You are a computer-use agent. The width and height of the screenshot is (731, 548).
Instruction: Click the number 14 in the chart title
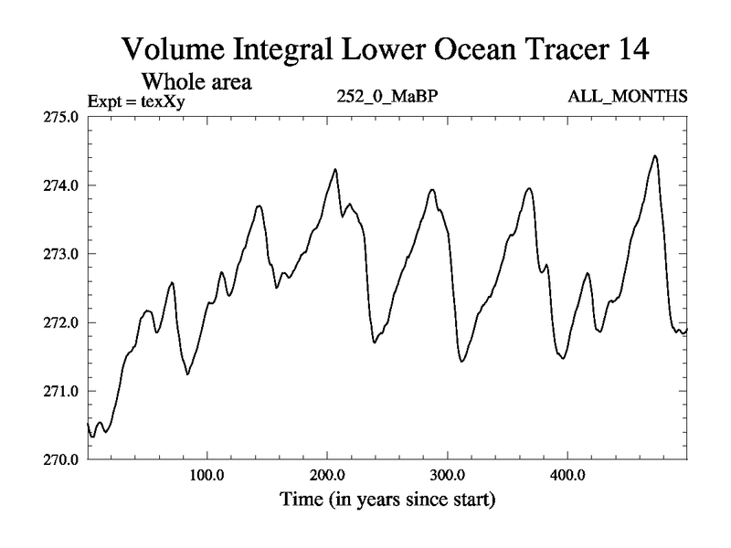point(629,49)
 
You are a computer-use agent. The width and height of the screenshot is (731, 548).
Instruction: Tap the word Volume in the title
point(174,49)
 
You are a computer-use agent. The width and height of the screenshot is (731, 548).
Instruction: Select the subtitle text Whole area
point(195,81)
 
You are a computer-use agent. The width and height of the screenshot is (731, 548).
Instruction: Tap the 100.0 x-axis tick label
point(207,476)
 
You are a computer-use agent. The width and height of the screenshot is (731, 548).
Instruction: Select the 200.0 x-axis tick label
point(327,476)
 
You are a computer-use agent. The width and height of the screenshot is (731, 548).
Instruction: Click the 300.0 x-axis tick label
point(448,476)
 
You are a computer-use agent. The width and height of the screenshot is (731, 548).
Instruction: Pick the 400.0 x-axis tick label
point(567,476)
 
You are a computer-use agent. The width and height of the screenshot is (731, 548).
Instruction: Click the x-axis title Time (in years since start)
point(387,500)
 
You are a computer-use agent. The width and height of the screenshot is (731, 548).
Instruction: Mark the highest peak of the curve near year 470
point(654,156)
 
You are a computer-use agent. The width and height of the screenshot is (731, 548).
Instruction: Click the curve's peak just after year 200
point(335,169)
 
